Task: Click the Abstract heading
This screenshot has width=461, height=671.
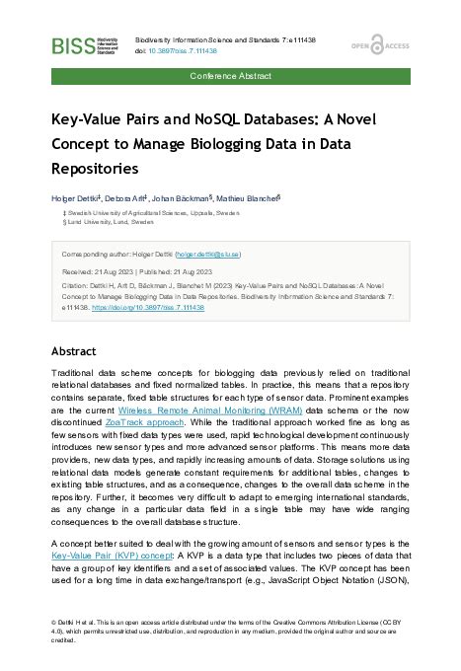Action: point(75,350)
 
